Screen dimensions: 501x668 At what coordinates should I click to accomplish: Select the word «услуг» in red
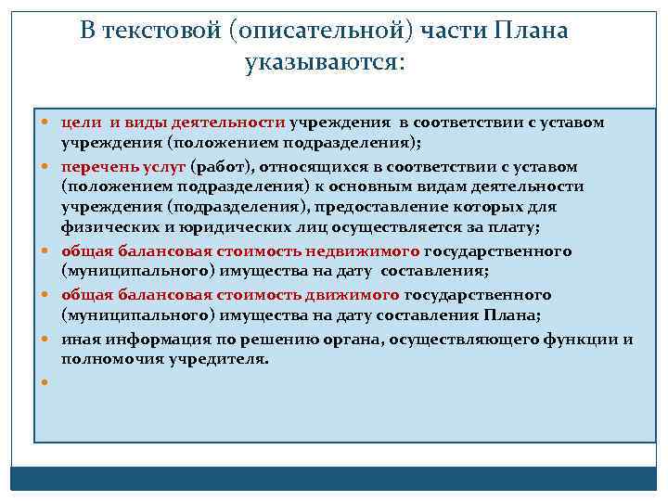point(168,167)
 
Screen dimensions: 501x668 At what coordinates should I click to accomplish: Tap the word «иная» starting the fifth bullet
point(79,339)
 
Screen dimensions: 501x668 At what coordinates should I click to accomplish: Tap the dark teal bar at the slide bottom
point(334,478)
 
